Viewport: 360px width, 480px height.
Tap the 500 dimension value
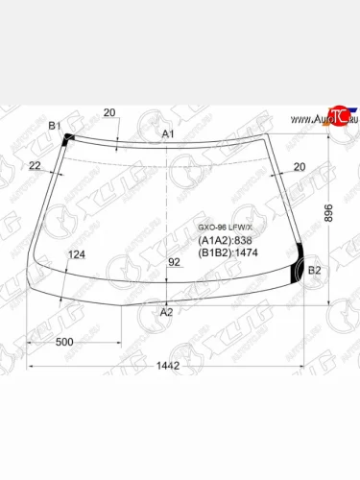65,343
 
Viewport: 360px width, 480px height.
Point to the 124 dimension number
77,254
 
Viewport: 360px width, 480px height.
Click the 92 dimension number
174,262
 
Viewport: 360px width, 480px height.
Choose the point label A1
167,134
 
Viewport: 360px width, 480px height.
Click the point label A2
166,312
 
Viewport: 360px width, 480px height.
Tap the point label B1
55,127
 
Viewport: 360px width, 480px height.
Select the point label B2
314,270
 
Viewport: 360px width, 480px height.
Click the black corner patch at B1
67,140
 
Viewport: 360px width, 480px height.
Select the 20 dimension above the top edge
109,113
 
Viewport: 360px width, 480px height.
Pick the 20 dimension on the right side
299,167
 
